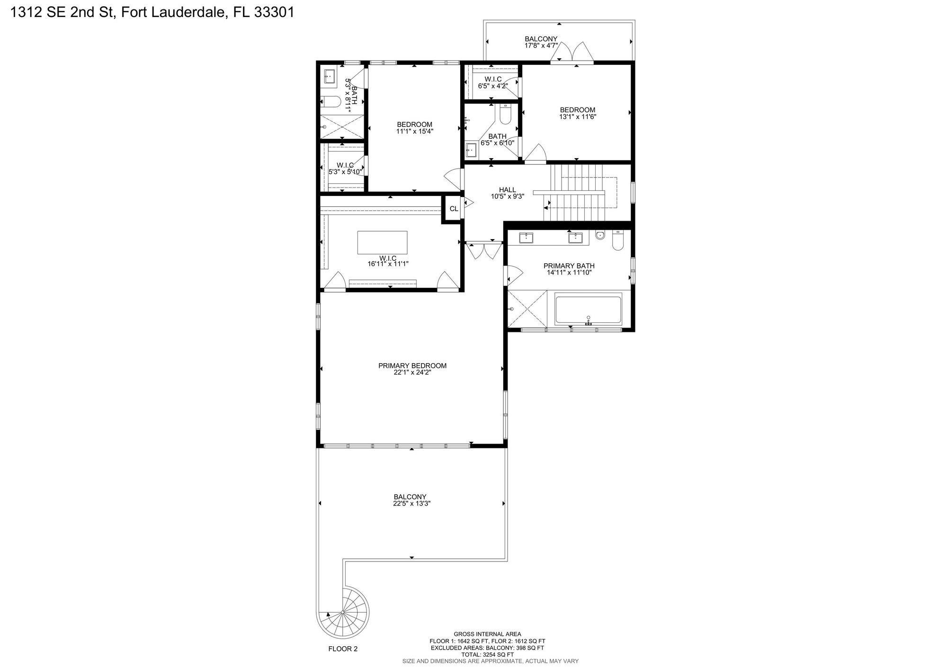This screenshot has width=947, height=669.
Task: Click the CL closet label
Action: [x=454, y=209]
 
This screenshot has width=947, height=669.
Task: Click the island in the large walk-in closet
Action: [x=382, y=242]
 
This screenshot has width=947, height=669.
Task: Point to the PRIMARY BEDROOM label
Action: [x=412, y=366]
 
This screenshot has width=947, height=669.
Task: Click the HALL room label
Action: [x=507, y=190]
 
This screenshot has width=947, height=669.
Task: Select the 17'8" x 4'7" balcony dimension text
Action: [x=541, y=45]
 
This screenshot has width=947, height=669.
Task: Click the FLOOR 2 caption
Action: [x=343, y=649]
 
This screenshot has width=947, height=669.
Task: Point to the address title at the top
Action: [x=152, y=12]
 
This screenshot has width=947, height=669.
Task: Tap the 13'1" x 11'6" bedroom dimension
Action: [x=577, y=116]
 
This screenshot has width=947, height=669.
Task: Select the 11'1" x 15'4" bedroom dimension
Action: [x=415, y=131]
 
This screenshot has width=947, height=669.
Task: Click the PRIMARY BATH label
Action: [x=569, y=266]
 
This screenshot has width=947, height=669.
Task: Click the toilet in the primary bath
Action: [x=617, y=241]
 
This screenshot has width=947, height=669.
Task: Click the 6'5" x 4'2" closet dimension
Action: [x=493, y=86]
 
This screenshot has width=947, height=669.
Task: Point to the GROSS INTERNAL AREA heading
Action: [x=487, y=634]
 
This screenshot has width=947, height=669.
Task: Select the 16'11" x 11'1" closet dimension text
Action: [x=388, y=264]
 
